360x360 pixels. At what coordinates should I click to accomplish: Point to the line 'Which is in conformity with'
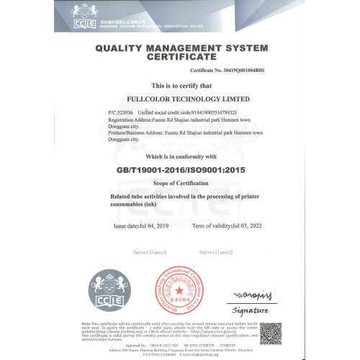180,156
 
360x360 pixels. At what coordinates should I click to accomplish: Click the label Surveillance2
216,253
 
